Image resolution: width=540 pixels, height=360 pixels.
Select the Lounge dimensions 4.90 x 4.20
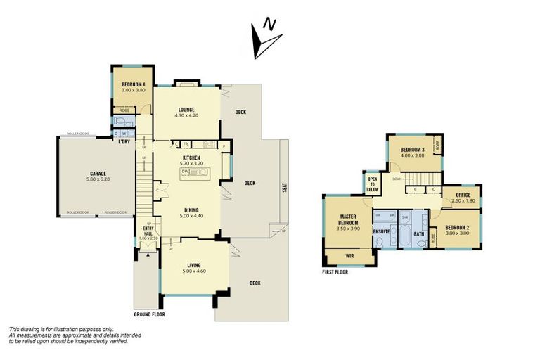pyautogui.click(x=186, y=115)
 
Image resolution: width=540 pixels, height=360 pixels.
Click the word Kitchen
pyautogui.click(x=192, y=158)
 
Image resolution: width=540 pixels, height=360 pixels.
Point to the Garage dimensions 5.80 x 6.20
pyautogui.click(x=97, y=179)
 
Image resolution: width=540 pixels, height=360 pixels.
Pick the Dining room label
pyautogui.click(x=192, y=210)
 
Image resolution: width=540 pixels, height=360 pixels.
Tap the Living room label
pyautogui.click(x=193, y=264)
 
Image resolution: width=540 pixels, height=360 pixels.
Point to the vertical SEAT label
pyautogui.click(x=285, y=188)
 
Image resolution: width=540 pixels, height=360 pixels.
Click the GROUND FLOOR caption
pyautogui.click(x=149, y=314)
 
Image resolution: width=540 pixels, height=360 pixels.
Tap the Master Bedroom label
pyautogui.click(x=347, y=219)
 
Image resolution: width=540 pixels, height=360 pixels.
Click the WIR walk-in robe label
pyautogui.click(x=349, y=256)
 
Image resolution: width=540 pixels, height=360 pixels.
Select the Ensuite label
pyautogui.click(x=381, y=231)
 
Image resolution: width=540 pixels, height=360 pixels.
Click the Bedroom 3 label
pyautogui.click(x=412, y=150)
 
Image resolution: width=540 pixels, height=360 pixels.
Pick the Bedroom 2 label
pyautogui.click(x=458, y=228)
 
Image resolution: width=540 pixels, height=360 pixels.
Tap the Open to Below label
pyautogui.click(x=373, y=184)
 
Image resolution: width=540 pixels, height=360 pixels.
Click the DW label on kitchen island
pyautogui.click(x=184, y=171)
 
